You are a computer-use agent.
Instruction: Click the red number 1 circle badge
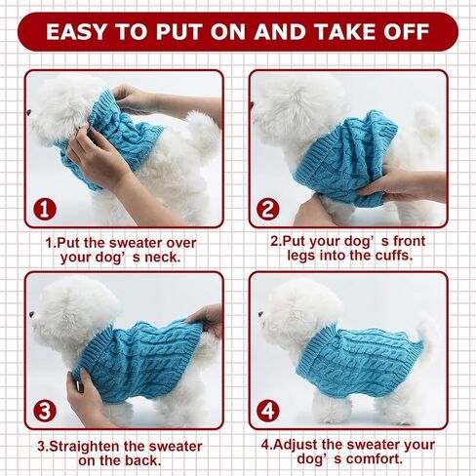click(45, 209)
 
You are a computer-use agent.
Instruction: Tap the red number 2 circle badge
click(268, 209)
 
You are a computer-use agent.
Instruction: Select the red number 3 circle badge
click(45, 411)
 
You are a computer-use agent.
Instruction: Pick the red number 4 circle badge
click(268, 411)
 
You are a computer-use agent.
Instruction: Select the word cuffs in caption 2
click(394, 256)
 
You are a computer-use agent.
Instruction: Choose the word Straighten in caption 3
click(85, 447)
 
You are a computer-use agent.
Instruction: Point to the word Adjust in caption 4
click(296, 445)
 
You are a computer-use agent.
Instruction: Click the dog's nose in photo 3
click(32, 314)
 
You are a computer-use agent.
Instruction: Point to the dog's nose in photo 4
click(260, 314)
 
